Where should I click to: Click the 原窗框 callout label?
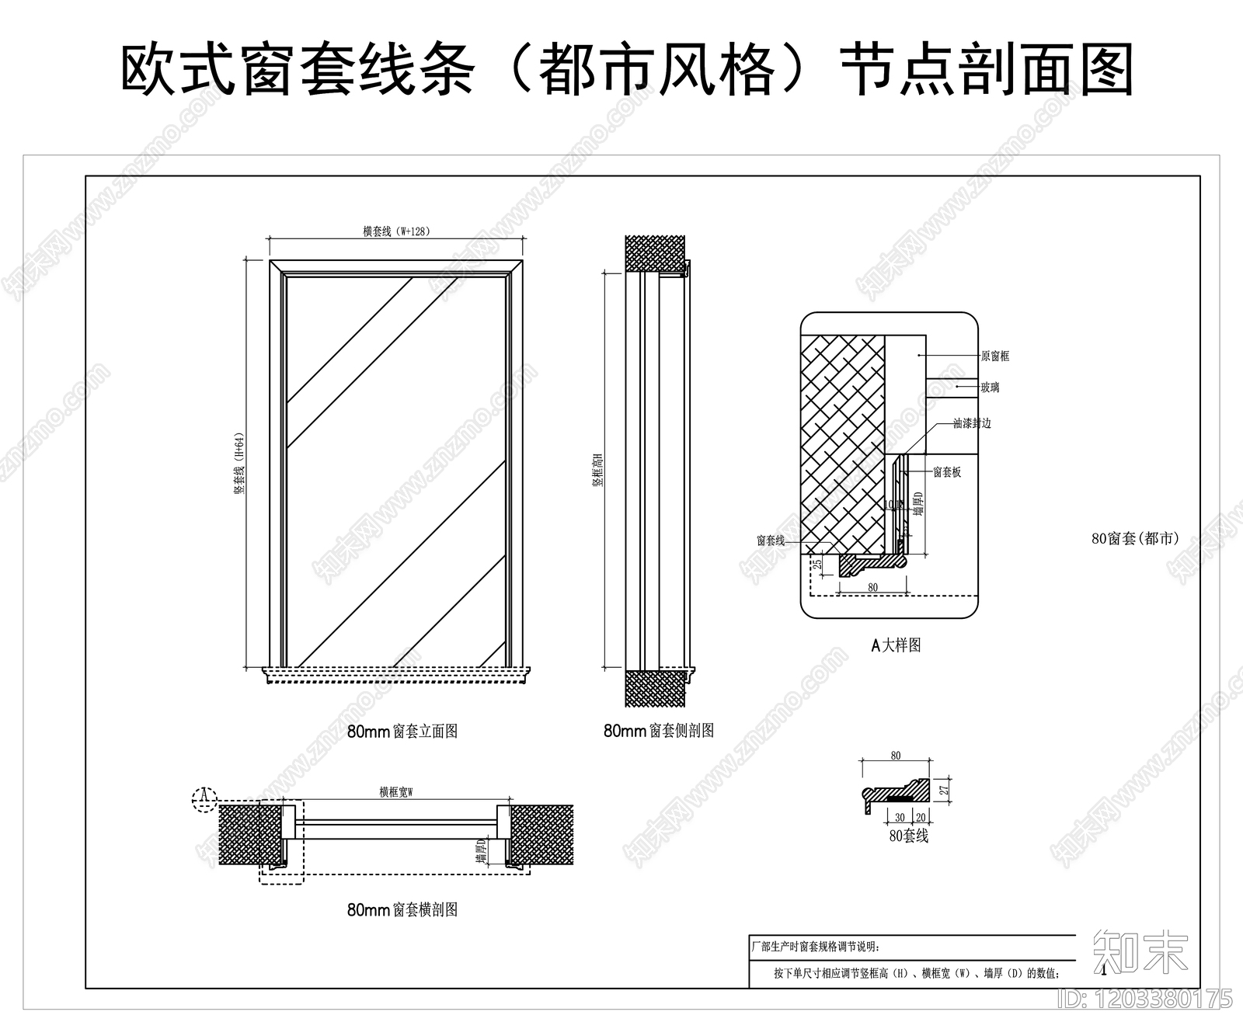[x=994, y=356]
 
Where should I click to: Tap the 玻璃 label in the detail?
[x=990, y=388]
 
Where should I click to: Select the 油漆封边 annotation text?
[x=972, y=424]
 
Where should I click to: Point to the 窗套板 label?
[x=947, y=472]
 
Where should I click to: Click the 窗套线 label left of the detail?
[x=771, y=541]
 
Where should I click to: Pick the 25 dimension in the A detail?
[x=817, y=565]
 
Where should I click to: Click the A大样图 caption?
[x=896, y=645]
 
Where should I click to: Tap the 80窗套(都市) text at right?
[x=1135, y=538]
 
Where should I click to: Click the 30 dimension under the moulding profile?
[x=900, y=818]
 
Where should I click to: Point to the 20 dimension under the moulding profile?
[x=921, y=818]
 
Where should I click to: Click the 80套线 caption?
[x=908, y=836]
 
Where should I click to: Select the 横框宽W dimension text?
[x=396, y=792]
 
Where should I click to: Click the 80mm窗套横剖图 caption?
[x=402, y=910]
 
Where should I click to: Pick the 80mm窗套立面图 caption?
[x=402, y=732]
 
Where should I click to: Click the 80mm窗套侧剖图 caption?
[x=659, y=731]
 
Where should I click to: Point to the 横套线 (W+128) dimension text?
[x=396, y=231]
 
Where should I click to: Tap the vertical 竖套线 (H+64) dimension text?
[x=240, y=464]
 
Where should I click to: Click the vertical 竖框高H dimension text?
[x=597, y=470]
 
